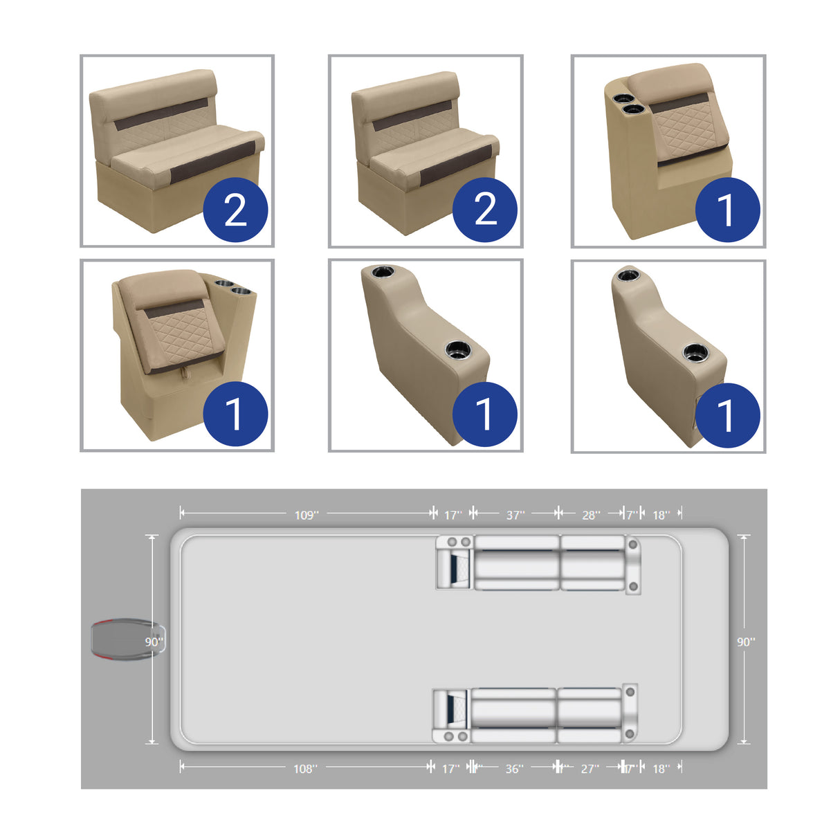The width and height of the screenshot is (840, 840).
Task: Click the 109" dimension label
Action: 306,515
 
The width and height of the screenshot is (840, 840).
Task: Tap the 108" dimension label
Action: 305,769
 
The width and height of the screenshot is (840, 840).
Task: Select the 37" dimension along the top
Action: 515,515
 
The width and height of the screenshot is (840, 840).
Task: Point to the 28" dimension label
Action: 590,515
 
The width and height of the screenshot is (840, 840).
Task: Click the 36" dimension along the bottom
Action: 513,769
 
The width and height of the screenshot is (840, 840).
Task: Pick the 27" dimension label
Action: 590,769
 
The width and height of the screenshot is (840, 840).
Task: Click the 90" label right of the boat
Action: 745,642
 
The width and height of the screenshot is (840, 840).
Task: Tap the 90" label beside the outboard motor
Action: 154,642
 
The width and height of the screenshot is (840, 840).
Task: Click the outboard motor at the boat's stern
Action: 121,641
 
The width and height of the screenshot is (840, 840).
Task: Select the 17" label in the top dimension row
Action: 453,515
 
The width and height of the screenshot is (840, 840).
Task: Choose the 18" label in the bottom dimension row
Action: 661,769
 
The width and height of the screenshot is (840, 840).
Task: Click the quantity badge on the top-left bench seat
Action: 236,210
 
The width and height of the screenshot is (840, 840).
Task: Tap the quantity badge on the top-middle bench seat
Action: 485,210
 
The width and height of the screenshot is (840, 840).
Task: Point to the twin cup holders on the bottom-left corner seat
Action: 232,287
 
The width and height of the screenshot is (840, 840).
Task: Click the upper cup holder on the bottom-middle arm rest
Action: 382,272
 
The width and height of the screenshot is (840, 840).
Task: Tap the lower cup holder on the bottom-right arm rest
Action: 695,352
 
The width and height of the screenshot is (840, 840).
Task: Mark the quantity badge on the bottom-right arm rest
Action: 727,415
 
